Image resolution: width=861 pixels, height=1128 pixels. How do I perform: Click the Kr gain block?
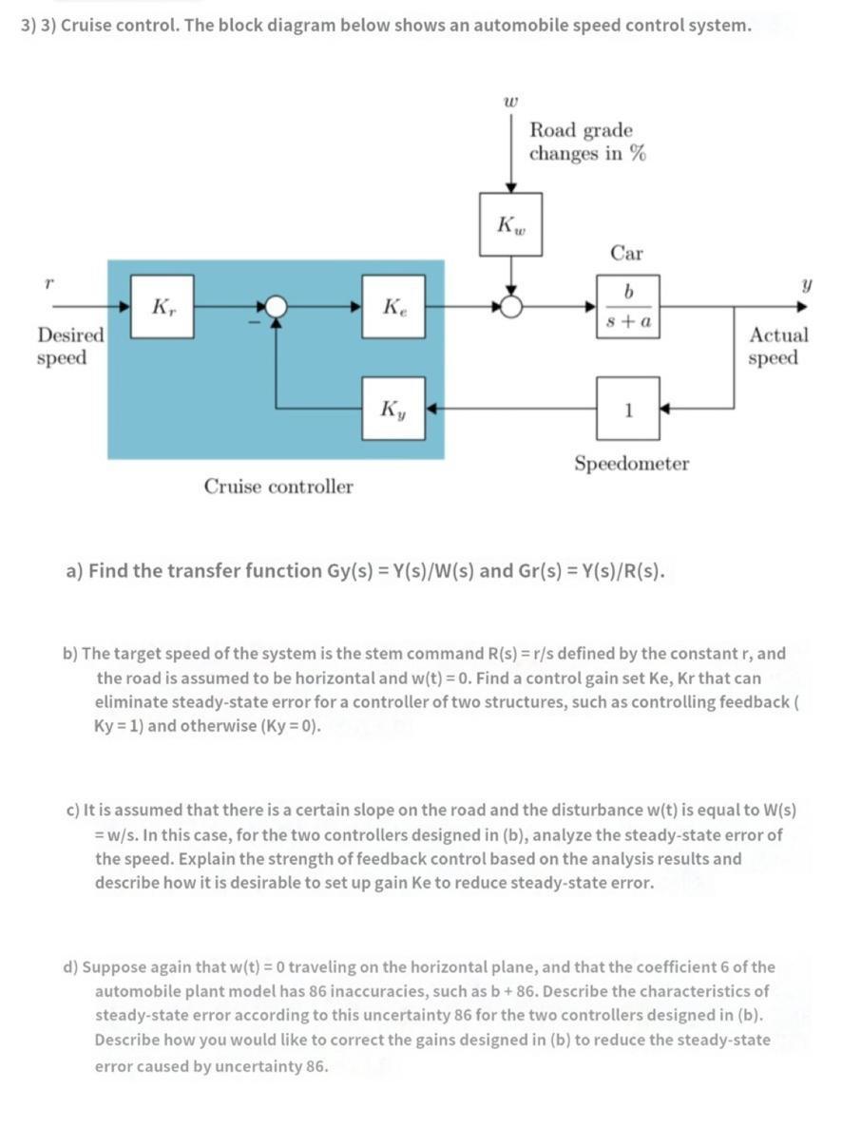pyautogui.click(x=163, y=306)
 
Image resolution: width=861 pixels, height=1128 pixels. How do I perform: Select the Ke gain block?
pyautogui.click(x=393, y=306)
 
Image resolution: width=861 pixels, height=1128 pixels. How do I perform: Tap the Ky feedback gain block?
pyautogui.click(x=393, y=408)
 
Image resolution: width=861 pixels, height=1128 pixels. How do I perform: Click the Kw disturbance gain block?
pyautogui.click(x=510, y=225)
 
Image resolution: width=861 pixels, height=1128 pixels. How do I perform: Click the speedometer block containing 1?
pyautogui.click(x=628, y=408)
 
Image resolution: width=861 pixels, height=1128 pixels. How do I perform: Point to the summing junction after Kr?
pyautogui.click(x=276, y=306)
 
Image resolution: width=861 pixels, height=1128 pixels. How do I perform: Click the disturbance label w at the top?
pyautogui.click(x=510, y=97)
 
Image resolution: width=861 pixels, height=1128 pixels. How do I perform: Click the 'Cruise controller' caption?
pyautogui.click(x=278, y=487)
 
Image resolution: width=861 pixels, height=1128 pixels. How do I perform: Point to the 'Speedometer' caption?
pyautogui.click(x=631, y=464)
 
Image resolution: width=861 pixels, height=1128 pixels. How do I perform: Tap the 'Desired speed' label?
pyautogui.click(x=70, y=346)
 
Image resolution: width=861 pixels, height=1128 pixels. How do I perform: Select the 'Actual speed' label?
pyautogui.click(x=778, y=346)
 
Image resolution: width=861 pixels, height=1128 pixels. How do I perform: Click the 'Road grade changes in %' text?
pyautogui.click(x=587, y=142)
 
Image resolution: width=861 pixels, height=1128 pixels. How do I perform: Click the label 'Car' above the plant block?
pyautogui.click(x=626, y=253)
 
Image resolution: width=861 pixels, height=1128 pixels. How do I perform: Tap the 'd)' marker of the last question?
pyautogui.click(x=70, y=967)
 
